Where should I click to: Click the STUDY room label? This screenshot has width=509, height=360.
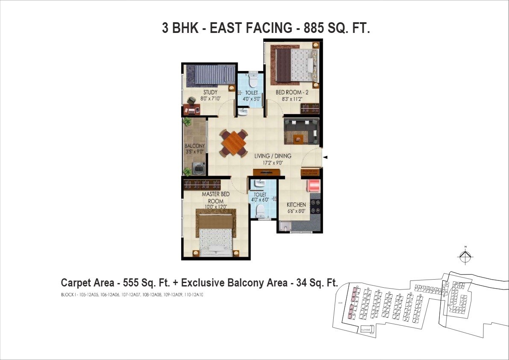pos(210,92)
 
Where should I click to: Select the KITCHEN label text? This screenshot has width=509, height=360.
pos(296,205)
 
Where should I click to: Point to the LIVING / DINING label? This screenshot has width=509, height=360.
pos(273,156)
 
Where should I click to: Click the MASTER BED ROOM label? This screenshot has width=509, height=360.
pos(215,198)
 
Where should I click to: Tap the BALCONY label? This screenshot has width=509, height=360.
pos(194,146)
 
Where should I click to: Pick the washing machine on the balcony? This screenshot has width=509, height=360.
pos(199,168)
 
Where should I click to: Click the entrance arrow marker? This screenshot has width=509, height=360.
pos(325,158)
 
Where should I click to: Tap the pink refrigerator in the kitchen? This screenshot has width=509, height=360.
pos(314,186)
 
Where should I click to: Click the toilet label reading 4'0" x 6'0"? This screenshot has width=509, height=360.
pos(260,199)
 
